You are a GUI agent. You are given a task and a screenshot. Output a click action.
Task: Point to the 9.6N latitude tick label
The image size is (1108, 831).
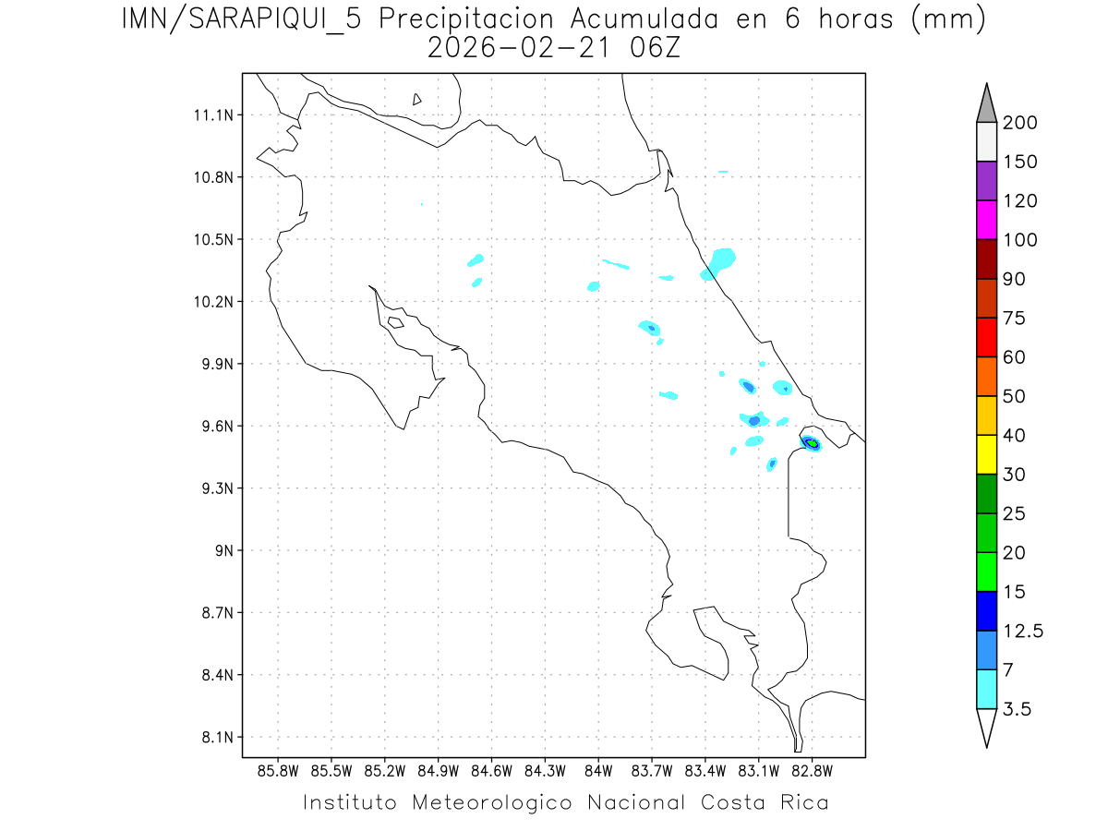pos(208,427)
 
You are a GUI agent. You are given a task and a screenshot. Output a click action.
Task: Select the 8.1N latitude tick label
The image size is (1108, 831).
pos(208,738)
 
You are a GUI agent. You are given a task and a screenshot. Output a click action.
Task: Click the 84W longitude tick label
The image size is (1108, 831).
pos(598,770)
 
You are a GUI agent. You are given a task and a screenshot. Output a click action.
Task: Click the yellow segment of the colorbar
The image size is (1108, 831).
pos(986,454)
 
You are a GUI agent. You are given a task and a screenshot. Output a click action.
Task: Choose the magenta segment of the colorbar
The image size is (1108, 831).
pos(986,220)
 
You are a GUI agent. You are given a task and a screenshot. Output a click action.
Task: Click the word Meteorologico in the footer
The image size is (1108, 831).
pos(500,802)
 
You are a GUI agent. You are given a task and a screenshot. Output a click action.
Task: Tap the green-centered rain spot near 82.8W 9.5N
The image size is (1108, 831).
pos(812,443)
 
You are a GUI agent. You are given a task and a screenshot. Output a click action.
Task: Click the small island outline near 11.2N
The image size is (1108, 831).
pos(417,99)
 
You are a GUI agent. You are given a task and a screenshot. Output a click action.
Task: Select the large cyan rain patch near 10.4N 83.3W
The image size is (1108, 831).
pos(720,259)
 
